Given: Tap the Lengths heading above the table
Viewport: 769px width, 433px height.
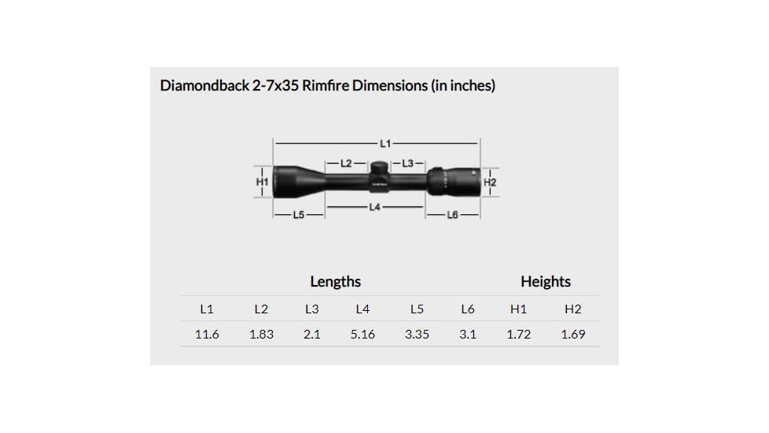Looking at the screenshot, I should [x=335, y=282].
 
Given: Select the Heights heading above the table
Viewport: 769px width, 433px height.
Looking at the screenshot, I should [x=545, y=282].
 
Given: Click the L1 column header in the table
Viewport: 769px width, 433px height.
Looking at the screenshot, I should [x=207, y=309].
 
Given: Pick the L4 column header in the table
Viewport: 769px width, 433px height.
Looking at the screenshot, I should [x=362, y=309].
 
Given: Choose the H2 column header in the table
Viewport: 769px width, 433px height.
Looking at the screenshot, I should [x=572, y=309].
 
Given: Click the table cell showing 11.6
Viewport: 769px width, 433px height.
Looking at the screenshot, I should [x=207, y=335].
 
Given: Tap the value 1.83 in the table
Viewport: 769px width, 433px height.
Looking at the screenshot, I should [x=261, y=335].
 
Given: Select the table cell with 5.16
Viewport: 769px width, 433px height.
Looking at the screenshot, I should [x=362, y=335].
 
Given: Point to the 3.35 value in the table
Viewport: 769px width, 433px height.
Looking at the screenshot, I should [x=417, y=335].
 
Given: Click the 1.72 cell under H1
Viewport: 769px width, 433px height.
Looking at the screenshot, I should [x=518, y=335].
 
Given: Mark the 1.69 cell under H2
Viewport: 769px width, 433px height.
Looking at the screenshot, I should [x=572, y=335].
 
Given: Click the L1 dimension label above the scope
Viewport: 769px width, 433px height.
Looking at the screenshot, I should [x=384, y=143].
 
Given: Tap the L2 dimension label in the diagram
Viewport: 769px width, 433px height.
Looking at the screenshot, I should [x=346, y=164].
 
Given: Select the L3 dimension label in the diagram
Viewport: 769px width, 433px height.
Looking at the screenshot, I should [x=407, y=164].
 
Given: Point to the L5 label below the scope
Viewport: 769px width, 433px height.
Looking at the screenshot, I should [x=298, y=215].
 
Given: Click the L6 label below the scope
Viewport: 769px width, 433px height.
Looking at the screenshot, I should [x=452, y=215].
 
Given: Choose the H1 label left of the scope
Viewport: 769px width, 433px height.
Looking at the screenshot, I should [x=263, y=182].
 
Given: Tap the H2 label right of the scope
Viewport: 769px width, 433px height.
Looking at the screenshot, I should [x=490, y=182].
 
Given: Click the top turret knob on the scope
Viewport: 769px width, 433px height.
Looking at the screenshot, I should [x=377, y=167].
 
